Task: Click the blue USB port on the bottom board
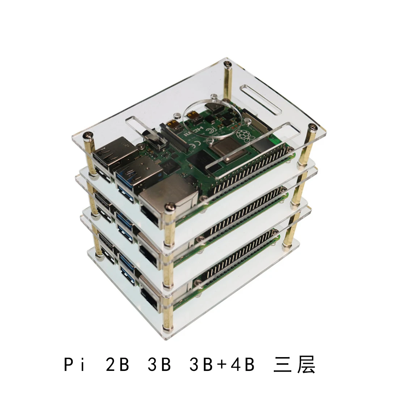point(125,264)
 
